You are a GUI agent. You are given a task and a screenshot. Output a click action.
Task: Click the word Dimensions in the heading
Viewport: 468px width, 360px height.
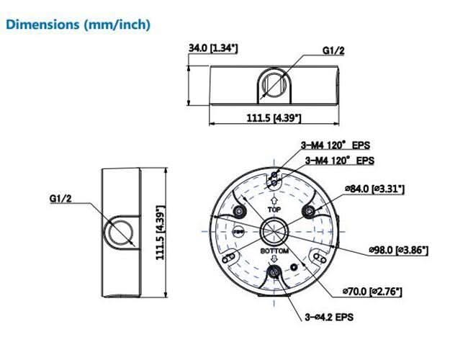click(42, 24)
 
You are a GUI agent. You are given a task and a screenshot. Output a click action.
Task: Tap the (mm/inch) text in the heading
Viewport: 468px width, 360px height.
click(117, 24)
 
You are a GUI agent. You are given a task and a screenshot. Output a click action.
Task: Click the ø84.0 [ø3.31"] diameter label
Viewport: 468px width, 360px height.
click(374, 189)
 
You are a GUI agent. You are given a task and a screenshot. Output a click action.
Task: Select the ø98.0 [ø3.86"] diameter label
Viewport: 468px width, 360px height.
click(398, 250)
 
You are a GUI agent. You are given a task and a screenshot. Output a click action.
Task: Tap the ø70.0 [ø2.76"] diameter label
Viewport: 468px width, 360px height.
click(374, 291)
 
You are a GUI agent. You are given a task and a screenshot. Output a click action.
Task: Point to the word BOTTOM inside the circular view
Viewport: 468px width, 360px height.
click(274, 251)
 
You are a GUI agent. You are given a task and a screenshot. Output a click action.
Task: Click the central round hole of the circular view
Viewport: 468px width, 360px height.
click(274, 230)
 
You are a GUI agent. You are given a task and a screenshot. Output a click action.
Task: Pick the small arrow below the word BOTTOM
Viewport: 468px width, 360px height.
click(274, 261)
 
